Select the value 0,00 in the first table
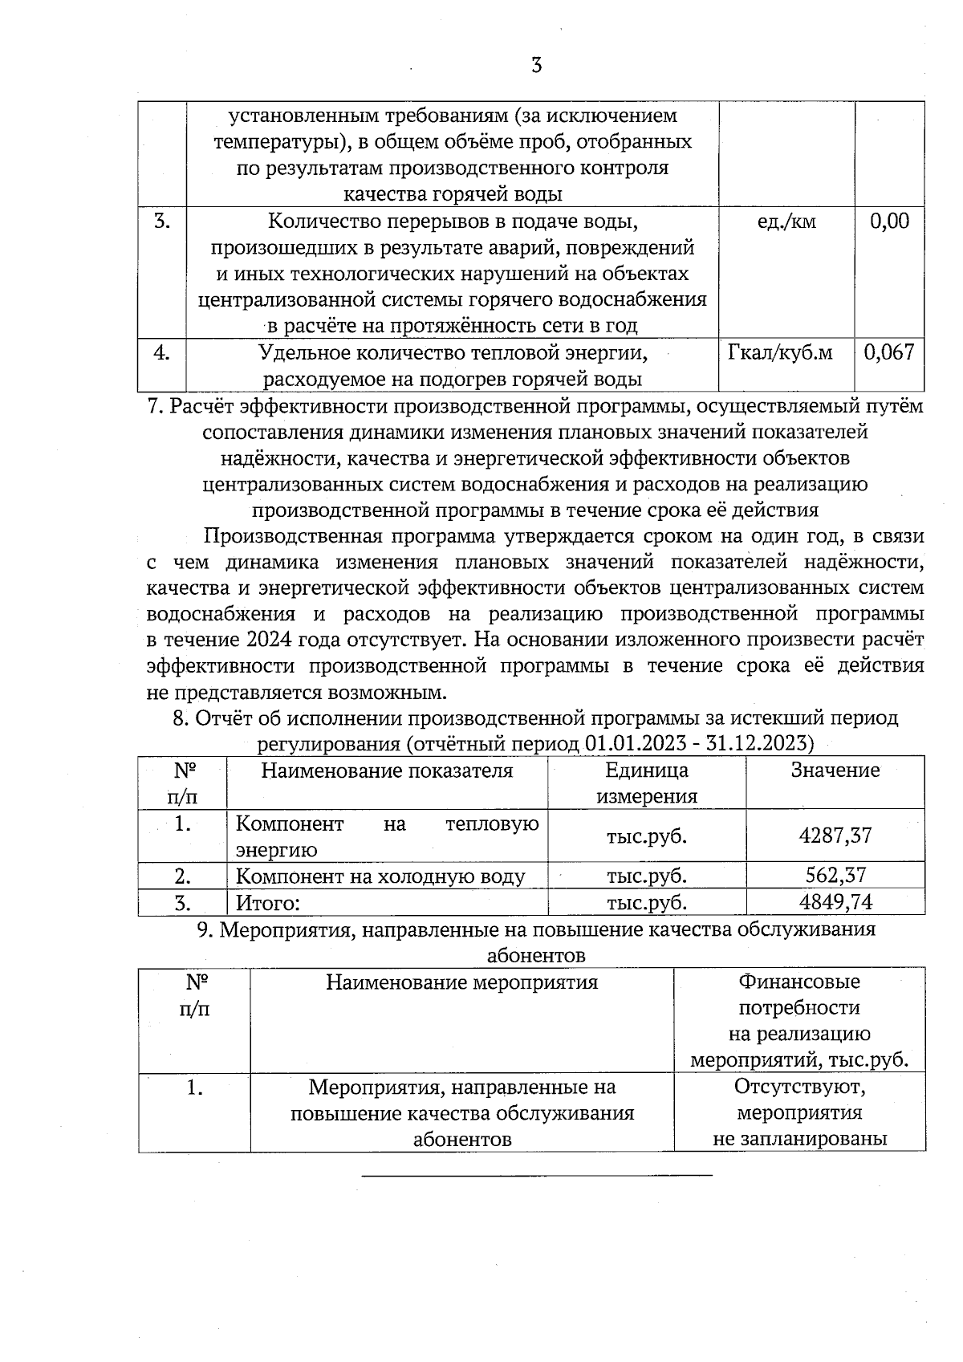coord(890,222)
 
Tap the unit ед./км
coord(786,222)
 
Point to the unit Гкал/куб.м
coord(780,352)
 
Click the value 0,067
coord(889,352)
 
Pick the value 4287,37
coord(835,835)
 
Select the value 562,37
coord(835,876)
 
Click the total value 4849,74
coord(835,902)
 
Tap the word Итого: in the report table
coord(268,903)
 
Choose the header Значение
coord(835,770)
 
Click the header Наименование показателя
coord(387,770)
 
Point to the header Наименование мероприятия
coord(461,982)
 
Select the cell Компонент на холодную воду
coord(380,876)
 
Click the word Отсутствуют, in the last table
coord(799,1088)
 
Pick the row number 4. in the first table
coord(162,352)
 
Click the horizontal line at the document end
coord(537,1176)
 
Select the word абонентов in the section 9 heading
coord(536,955)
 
